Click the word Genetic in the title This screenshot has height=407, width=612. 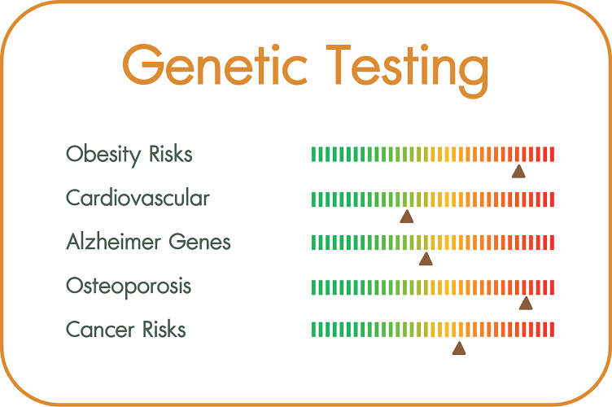point(216,66)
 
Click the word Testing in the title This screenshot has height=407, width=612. point(407,71)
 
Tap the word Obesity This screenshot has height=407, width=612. point(103,155)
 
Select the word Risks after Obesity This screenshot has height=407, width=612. point(171,153)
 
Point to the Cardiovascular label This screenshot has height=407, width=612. point(138,198)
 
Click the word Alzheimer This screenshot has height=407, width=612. point(113,241)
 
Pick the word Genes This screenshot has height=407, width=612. point(199,242)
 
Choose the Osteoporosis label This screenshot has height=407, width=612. point(129,287)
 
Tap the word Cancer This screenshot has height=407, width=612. point(100,330)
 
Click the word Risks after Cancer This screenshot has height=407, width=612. point(164,329)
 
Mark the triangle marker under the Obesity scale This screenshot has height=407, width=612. point(518,171)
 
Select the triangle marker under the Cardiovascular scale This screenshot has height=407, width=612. point(407,217)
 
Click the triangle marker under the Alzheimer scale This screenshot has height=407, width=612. point(426,259)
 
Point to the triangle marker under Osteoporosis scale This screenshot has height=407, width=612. point(526,303)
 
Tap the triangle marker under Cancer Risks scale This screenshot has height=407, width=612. point(459,348)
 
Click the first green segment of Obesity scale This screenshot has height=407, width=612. point(313,154)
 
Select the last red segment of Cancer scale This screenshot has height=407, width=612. point(552,330)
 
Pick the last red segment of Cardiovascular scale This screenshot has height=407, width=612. point(552,199)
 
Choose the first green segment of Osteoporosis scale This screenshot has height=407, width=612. point(313,287)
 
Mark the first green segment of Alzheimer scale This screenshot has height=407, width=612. point(313,243)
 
